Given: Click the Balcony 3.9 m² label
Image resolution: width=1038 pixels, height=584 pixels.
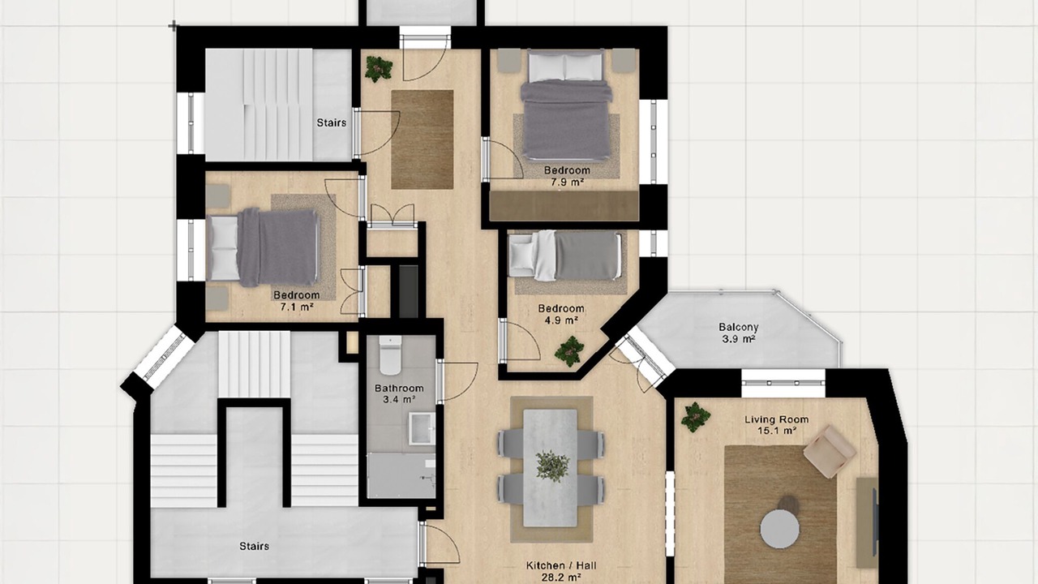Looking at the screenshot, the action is pyautogui.click(x=738, y=333).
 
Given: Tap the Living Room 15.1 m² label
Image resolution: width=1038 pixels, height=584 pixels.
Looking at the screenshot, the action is pyautogui.click(x=777, y=425).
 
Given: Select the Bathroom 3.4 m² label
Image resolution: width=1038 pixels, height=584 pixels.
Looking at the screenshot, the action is pyautogui.click(x=399, y=393).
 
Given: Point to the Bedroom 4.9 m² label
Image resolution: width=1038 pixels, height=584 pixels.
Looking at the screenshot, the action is pyautogui.click(x=560, y=314).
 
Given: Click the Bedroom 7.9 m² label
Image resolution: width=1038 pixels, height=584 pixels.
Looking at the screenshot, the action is pyautogui.click(x=567, y=176).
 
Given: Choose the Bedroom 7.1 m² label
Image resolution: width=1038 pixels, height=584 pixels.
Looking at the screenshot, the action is pyautogui.click(x=297, y=301).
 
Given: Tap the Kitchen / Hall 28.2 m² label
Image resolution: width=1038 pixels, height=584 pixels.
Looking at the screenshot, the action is pyautogui.click(x=561, y=572).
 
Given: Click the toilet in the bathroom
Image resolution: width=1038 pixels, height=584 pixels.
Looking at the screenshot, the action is pyautogui.click(x=390, y=355).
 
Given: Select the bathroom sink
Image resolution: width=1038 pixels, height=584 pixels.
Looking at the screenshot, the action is pyautogui.click(x=421, y=429).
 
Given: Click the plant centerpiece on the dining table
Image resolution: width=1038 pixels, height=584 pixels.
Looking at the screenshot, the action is pyautogui.click(x=552, y=466).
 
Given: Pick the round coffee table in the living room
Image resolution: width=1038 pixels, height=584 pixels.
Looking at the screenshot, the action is pyautogui.click(x=780, y=529).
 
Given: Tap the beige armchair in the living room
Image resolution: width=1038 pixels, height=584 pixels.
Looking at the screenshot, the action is pyautogui.click(x=829, y=450).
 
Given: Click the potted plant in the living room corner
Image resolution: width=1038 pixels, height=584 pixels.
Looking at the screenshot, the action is pyautogui.click(x=695, y=417).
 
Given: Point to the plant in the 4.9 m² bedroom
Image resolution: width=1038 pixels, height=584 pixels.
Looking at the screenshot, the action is pyautogui.click(x=569, y=351).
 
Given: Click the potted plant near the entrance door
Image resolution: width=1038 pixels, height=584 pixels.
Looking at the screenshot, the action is pyautogui.click(x=379, y=69).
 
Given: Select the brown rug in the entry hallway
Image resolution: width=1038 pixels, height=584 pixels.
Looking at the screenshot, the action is pyautogui.click(x=422, y=140).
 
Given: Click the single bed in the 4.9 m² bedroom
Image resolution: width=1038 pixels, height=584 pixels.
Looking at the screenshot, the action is pyautogui.click(x=565, y=255).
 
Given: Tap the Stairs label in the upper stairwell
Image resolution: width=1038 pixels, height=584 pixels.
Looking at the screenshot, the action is pyautogui.click(x=332, y=122).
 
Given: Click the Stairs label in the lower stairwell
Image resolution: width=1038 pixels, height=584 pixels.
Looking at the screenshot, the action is pyautogui.click(x=254, y=546).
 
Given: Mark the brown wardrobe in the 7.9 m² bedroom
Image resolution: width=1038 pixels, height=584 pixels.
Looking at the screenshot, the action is pyautogui.click(x=564, y=205).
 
